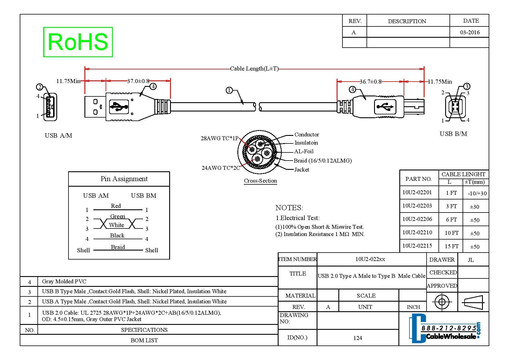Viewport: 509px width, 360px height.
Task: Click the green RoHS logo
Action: (x=78, y=42)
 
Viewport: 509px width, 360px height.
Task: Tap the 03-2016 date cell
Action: (x=470, y=32)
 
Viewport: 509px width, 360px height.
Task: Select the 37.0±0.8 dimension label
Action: (x=138, y=81)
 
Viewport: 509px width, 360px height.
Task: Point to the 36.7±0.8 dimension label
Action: (x=370, y=82)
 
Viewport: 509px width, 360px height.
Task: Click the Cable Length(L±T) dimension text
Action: (x=254, y=69)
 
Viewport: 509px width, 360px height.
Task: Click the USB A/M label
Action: (x=58, y=136)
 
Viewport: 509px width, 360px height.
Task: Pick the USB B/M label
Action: (x=453, y=134)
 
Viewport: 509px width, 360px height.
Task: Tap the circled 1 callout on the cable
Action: (x=229, y=90)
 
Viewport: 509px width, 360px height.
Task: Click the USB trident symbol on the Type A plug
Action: (x=119, y=107)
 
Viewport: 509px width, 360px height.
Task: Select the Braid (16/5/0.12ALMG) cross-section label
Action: (x=323, y=161)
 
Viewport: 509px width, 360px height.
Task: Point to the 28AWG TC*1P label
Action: (x=219, y=138)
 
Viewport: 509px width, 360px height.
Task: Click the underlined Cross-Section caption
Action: (x=260, y=181)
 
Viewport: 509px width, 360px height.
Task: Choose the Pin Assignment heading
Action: (x=124, y=179)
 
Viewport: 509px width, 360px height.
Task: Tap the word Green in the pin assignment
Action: (x=118, y=216)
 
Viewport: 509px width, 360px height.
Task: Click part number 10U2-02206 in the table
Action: (x=417, y=219)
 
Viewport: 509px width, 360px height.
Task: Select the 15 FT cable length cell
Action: (x=452, y=246)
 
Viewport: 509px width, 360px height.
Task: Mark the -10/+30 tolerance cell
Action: (x=477, y=194)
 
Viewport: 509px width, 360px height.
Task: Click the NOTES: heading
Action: (x=289, y=208)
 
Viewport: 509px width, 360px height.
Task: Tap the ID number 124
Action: (x=358, y=338)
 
